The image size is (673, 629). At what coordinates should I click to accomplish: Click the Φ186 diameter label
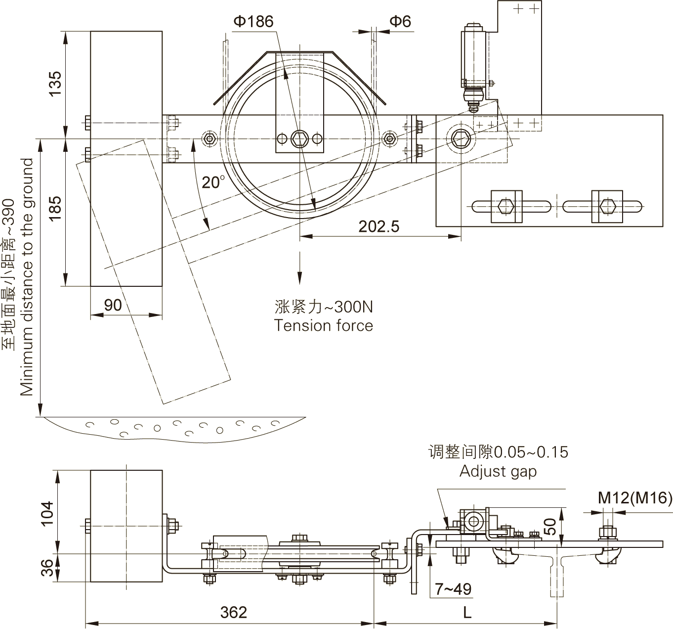click(x=253, y=21)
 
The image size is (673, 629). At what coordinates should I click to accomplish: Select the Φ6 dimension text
click(x=400, y=21)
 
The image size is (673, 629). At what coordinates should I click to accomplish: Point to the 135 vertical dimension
click(x=55, y=84)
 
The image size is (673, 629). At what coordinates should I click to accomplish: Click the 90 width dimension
click(x=113, y=305)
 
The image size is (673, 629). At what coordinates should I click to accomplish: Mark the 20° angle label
click(x=213, y=182)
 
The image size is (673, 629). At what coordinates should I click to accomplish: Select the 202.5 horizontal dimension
click(x=379, y=226)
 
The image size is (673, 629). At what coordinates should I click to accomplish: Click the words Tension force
click(x=324, y=325)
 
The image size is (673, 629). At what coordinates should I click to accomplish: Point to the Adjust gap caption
click(x=498, y=471)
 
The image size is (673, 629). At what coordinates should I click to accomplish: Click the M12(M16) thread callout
click(x=635, y=498)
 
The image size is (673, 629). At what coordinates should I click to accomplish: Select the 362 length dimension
click(x=233, y=612)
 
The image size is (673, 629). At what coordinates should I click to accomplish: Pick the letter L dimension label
click(x=467, y=613)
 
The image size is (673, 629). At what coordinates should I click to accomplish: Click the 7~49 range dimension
click(x=453, y=588)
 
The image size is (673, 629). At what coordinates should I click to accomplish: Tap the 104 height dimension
click(x=47, y=513)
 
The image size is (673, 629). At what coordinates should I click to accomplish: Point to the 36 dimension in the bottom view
click(x=47, y=568)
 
